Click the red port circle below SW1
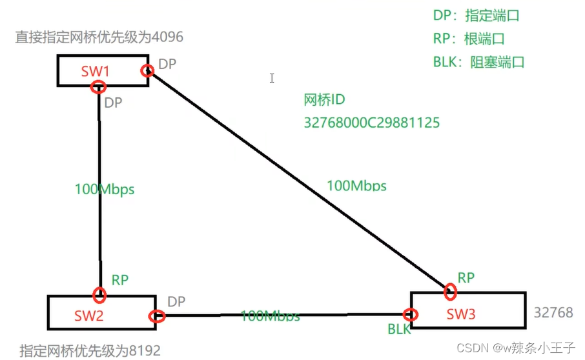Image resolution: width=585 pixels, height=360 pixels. point(98,88)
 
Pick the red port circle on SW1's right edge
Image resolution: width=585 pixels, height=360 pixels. point(147,70)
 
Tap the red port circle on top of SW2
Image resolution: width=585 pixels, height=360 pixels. point(99,295)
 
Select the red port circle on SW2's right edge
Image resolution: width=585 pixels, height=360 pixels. point(156,316)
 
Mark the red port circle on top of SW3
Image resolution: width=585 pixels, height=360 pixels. point(450,292)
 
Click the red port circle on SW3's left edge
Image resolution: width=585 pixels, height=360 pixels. point(410,315)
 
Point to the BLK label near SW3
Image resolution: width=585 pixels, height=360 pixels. point(399,330)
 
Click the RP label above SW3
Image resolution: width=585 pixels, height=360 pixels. point(466,278)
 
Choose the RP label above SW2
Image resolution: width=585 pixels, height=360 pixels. point(120,280)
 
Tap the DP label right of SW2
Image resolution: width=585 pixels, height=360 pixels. point(176,302)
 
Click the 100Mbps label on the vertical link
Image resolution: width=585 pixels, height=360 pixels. point(105,189)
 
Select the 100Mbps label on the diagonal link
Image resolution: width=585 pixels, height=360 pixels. point(356,186)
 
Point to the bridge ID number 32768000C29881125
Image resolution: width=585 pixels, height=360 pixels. point(371,122)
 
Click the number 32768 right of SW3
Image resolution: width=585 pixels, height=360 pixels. point(553,312)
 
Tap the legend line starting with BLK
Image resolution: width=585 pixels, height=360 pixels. point(478,63)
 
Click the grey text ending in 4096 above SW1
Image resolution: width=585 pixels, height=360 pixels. point(99,37)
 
